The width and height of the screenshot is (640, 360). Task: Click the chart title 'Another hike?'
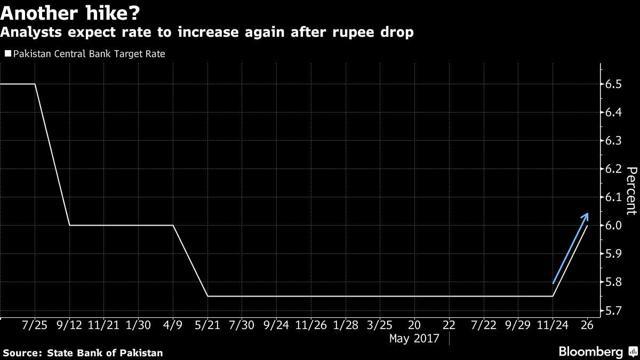[x=70, y=13]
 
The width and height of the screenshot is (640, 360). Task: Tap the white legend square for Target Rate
[x=8, y=53]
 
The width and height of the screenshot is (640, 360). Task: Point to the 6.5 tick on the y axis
[x=613, y=84]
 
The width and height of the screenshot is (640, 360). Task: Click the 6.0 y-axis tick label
[x=613, y=225]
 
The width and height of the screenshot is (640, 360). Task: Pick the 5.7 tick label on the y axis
[x=613, y=310]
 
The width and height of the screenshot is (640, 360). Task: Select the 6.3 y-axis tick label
[x=613, y=140]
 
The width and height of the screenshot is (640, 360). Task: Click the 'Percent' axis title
[x=631, y=191]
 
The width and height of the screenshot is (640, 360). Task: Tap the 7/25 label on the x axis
[x=35, y=325]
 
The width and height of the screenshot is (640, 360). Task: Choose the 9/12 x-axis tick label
[x=69, y=325]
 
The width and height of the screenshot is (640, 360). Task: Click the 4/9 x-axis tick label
[x=173, y=325]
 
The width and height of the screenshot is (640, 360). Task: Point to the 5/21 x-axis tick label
[x=207, y=325]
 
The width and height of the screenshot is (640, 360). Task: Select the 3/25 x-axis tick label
[x=380, y=325]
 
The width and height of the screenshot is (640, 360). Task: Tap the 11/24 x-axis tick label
[x=552, y=325]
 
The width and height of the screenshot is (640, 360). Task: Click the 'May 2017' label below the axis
[x=414, y=338]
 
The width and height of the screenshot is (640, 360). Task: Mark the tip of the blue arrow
[x=588, y=213]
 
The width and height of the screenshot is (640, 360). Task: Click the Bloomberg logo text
[x=591, y=351]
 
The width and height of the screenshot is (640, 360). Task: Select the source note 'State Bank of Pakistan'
[x=105, y=353]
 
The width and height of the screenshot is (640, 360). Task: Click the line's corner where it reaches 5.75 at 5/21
[x=208, y=296]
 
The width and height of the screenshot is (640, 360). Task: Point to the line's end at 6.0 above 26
[x=587, y=225]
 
